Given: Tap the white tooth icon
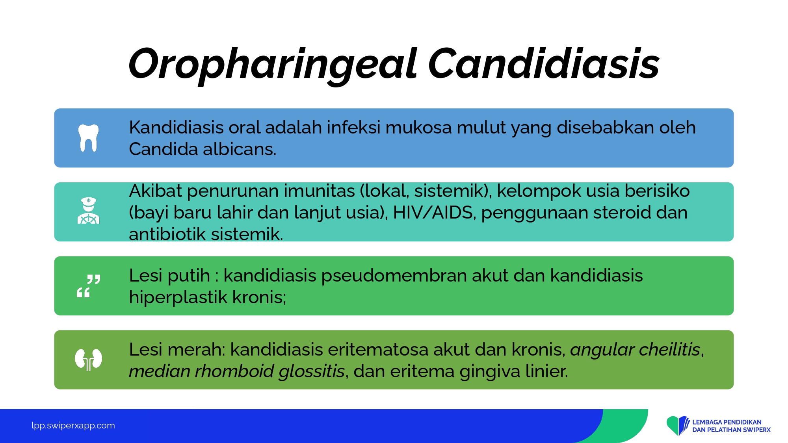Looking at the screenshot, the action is pyautogui.click(x=89, y=138).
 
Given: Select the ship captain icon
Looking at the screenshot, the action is pyautogui.click(x=89, y=211).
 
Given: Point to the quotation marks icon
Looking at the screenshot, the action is pyautogui.click(x=89, y=286).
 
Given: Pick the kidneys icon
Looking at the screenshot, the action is pyautogui.click(x=89, y=360).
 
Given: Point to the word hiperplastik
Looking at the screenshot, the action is pyautogui.click(x=178, y=298).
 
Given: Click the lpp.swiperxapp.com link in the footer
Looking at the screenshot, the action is pyautogui.click(x=73, y=426).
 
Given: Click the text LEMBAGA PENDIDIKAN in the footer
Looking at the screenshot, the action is pyautogui.click(x=727, y=422).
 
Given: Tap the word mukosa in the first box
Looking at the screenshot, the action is pyautogui.click(x=418, y=128).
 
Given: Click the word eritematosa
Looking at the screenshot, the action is pyautogui.click(x=378, y=350).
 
